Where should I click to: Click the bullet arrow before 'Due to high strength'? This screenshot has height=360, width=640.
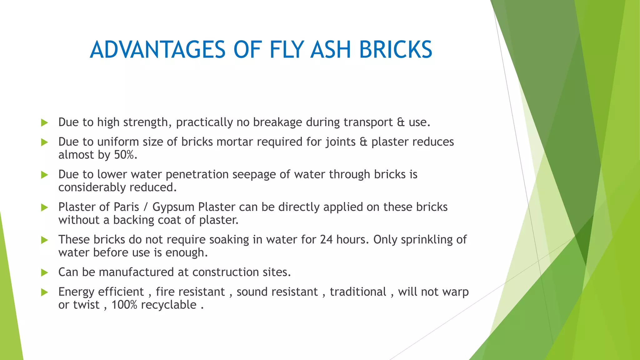44,122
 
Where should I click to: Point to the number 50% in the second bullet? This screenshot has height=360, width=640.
124,155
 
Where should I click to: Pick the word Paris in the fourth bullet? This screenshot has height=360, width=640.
126,207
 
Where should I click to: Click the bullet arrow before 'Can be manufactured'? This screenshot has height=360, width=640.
44,272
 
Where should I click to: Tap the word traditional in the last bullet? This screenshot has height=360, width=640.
358,292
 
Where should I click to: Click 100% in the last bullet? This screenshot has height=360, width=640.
124,305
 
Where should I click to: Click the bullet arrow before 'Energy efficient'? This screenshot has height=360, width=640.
44,292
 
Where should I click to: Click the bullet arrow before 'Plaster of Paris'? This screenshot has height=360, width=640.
44,207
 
